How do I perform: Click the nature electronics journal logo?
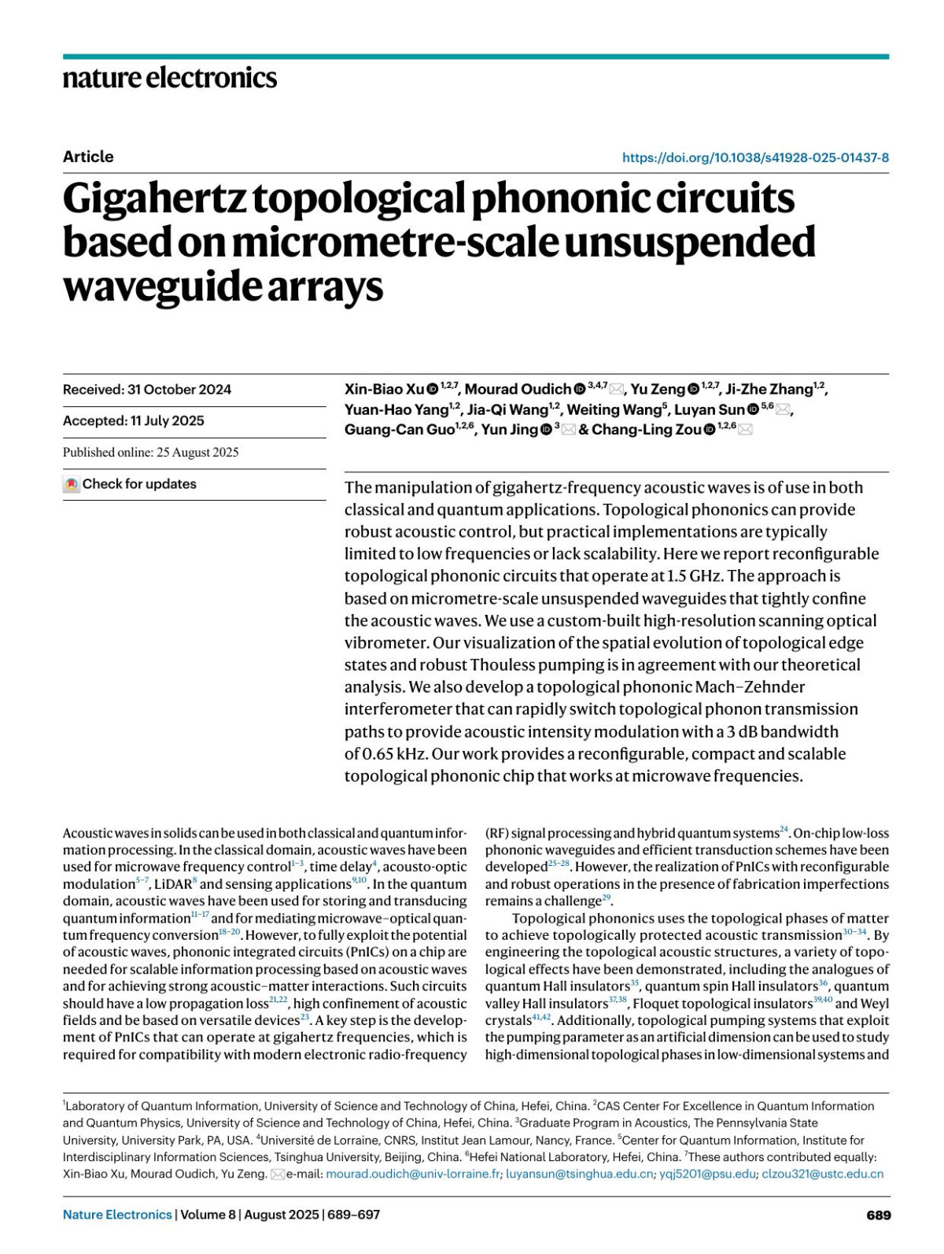170,78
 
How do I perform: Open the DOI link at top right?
755,157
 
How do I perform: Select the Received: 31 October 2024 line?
147,390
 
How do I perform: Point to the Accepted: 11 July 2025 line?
134,421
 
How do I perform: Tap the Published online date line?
151,453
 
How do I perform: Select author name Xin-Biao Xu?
385,390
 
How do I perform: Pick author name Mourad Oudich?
518,390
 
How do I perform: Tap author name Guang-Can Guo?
400,430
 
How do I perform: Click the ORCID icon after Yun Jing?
547,430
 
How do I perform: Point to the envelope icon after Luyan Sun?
784,409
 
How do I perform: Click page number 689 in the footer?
879,1215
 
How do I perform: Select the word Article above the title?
88,157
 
